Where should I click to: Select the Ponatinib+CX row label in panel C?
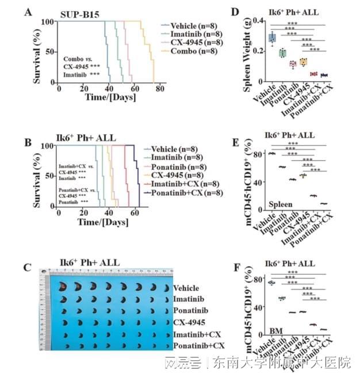[198, 345]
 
